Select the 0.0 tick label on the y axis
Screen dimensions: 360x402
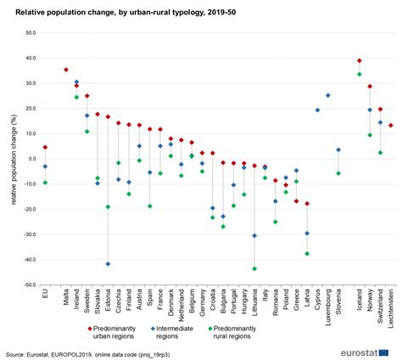31,159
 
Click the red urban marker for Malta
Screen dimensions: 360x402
66,70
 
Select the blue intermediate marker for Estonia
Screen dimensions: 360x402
108,264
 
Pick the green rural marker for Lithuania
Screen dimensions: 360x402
254,268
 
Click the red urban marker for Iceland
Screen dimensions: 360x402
360,60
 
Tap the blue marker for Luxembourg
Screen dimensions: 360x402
328,95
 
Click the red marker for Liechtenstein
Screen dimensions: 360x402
391,126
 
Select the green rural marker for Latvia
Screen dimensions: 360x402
307,254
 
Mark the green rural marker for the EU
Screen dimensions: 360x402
45,183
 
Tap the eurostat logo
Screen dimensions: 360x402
360,349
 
